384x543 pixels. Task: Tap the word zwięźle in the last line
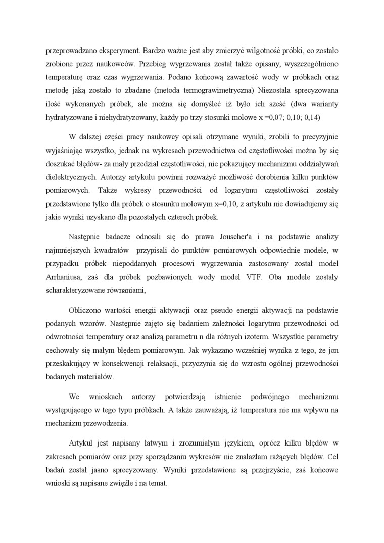tap(121, 483)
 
